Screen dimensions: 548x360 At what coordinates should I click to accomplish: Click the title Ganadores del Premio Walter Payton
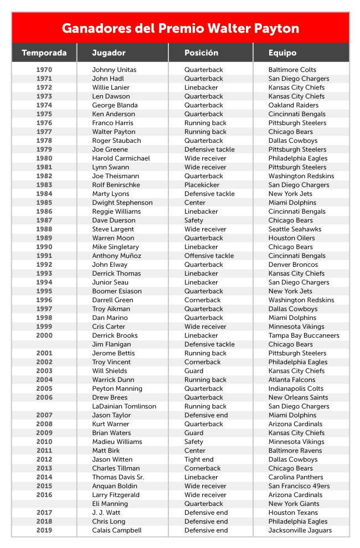(180, 28)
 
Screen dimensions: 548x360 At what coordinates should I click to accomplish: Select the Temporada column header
(44, 53)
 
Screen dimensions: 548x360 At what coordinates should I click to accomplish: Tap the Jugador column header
(109, 53)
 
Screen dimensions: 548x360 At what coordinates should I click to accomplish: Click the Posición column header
(202, 53)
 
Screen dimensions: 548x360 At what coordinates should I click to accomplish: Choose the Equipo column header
(282, 53)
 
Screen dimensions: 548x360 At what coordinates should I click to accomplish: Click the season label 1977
(44, 132)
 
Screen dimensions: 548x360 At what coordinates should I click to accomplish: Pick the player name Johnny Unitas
(114, 70)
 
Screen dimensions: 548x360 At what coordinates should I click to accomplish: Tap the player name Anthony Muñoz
(117, 256)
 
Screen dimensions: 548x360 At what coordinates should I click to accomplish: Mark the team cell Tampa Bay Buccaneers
(304, 335)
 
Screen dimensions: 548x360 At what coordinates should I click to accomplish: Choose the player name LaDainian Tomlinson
(124, 406)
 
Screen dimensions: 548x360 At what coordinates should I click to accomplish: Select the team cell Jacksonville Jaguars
(300, 530)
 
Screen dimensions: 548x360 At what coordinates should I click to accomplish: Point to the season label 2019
(44, 530)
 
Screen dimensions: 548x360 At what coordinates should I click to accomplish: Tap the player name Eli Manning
(110, 504)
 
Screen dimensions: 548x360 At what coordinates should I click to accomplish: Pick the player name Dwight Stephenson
(122, 203)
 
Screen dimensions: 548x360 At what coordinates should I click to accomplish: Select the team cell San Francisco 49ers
(299, 486)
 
